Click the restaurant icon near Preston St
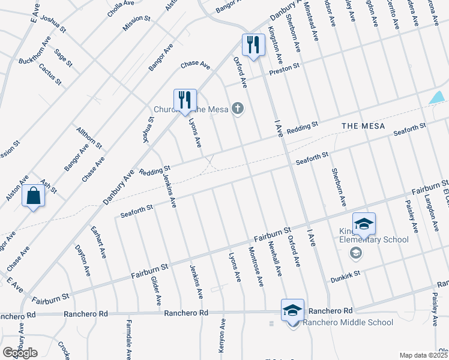tap(253, 45)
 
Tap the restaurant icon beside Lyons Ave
tap(185, 100)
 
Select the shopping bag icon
tap(34, 196)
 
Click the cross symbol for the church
tap(238, 109)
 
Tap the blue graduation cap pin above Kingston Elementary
tap(364, 224)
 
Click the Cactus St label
tap(50, 74)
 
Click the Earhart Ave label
tap(98, 242)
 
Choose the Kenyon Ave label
tap(221, 335)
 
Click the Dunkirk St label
tap(345, 277)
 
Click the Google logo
tap(20, 352)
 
